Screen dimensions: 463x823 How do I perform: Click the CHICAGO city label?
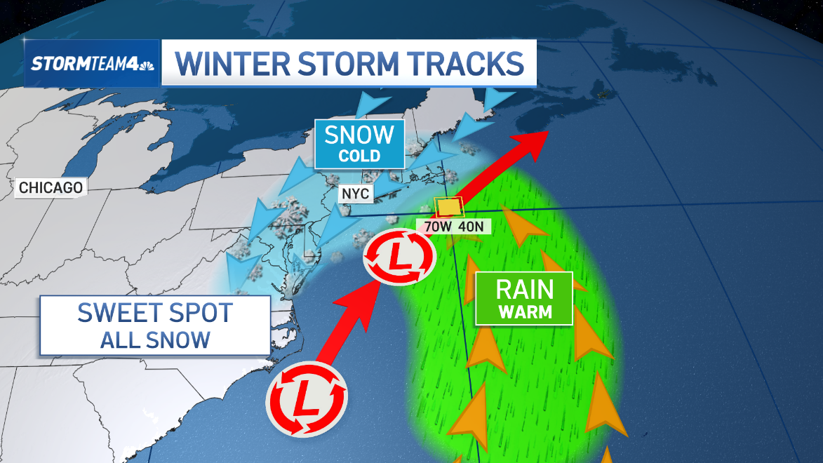pyautogui.click(x=51, y=188)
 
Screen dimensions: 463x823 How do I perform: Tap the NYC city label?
pyautogui.click(x=356, y=194)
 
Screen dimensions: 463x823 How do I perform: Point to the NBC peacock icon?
pyautogui.click(x=146, y=62)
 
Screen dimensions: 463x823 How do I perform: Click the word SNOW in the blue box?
pyautogui.click(x=359, y=134)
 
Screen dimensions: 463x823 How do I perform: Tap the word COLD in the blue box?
pyautogui.click(x=359, y=156)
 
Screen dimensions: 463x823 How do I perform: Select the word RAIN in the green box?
pyautogui.click(x=524, y=289)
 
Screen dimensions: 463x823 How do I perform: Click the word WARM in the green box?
pyautogui.click(x=524, y=311)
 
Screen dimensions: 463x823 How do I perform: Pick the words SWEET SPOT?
pyautogui.click(x=154, y=313)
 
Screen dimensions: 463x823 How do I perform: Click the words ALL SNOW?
pyautogui.click(x=154, y=340)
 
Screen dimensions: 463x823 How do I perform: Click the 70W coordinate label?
pyautogui.click(x=434, y=227)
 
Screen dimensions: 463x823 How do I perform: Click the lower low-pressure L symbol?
pyautogui.click(x=306, y=400)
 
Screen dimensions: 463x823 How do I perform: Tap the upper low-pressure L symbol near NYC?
pyautogui.click(x=399, y=258)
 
